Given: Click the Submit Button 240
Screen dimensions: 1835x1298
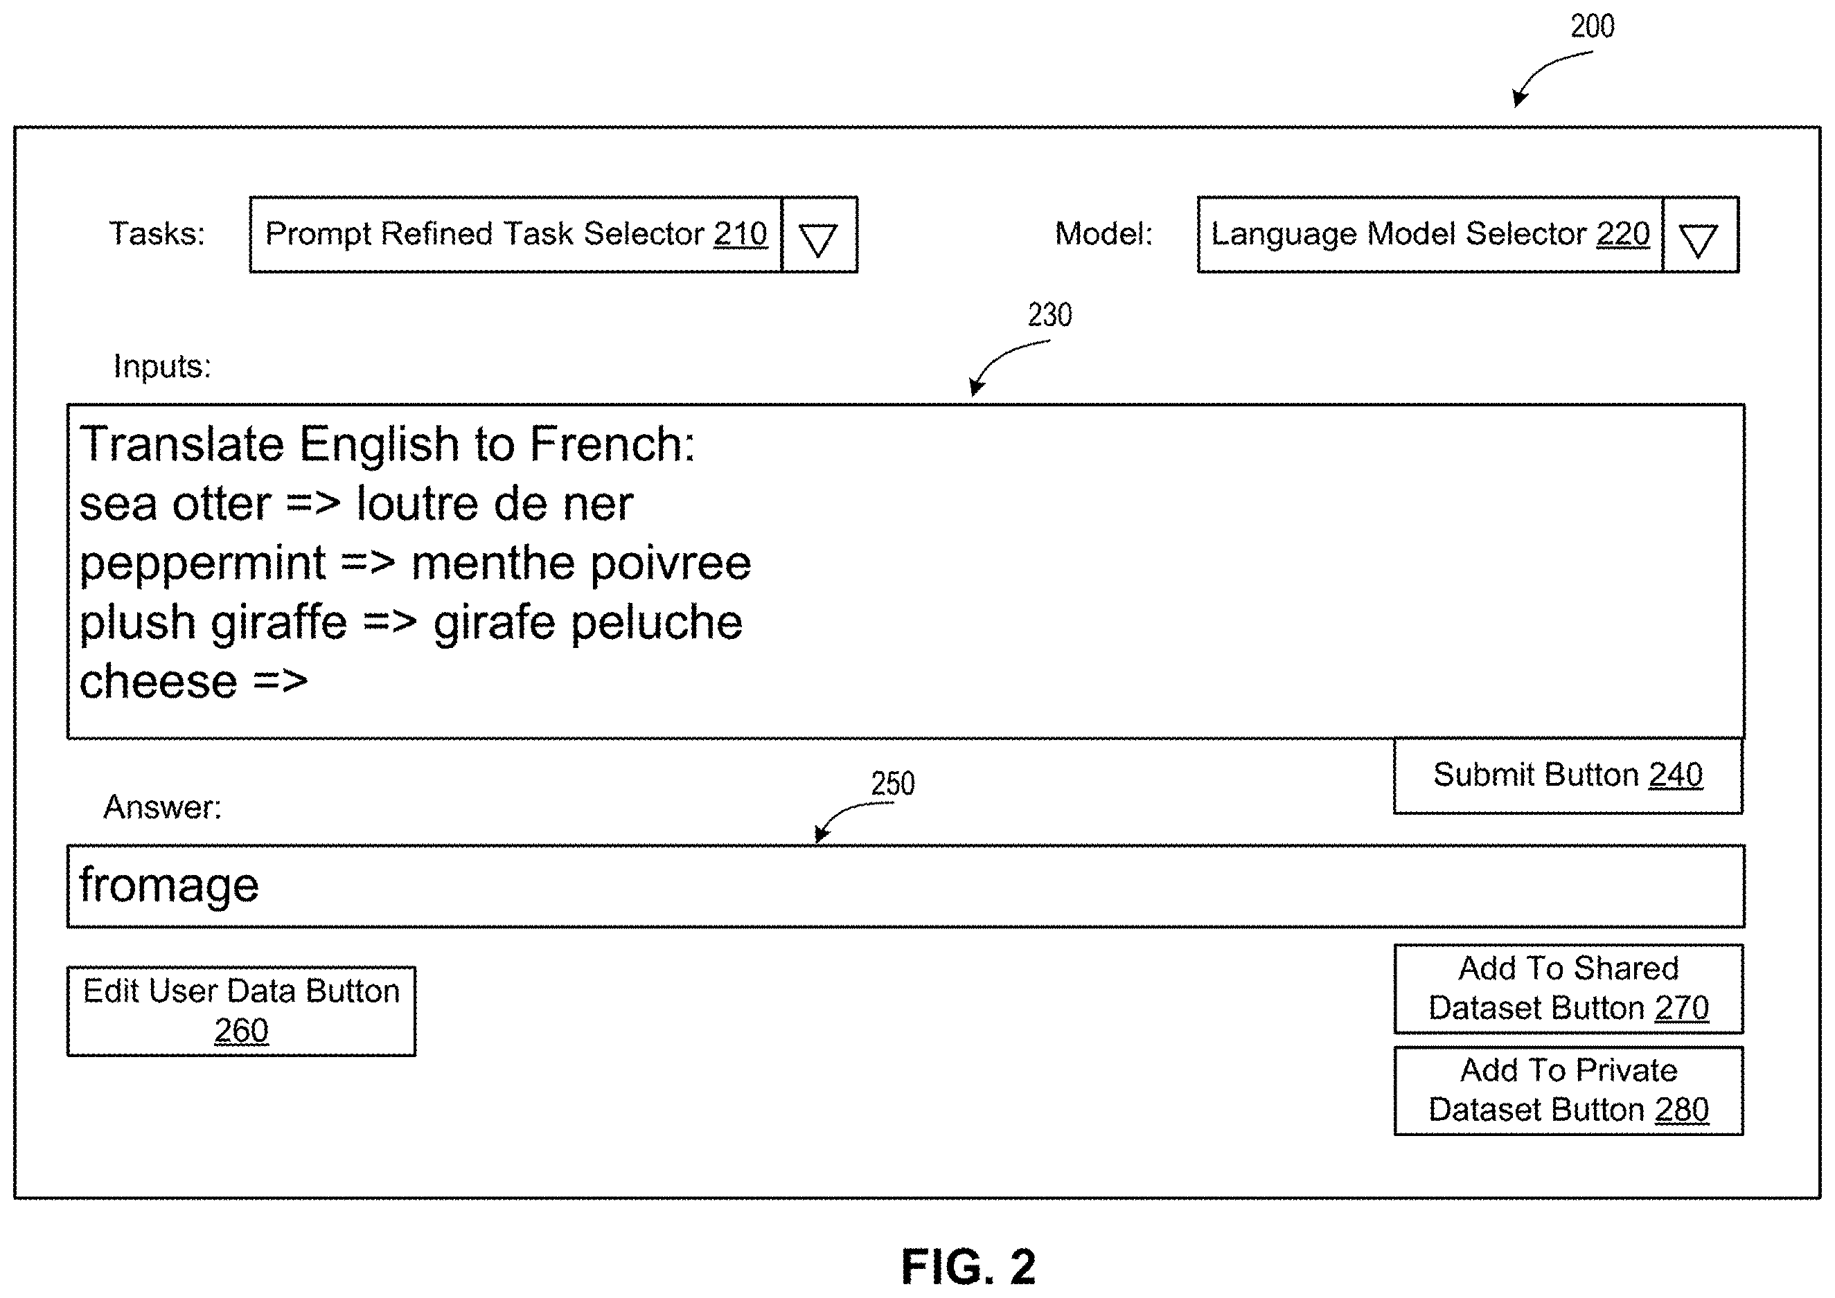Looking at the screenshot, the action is (x=1568, y=775).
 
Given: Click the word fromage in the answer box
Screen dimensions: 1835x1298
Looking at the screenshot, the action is (x=169, y=885).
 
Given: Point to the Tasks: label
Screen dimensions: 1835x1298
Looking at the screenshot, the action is (x=157, y=234).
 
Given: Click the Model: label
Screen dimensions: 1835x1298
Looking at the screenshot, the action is (x=1104, y=234).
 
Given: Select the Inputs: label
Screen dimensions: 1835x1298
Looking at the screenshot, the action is (x=162, y=367).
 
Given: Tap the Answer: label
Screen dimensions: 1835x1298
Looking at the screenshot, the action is (x=162, y=807).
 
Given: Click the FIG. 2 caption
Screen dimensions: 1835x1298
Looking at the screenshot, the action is (x=968, y=1267).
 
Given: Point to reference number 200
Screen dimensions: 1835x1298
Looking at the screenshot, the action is (x=1592, y=26).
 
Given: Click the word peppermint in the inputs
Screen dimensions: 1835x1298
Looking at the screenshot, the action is (x=202, y=565).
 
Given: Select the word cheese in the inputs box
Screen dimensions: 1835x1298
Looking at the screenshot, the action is (x=159, y=682).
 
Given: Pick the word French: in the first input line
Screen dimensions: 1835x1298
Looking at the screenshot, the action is (x=612, y=444).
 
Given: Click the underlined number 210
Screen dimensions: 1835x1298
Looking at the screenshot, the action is (x=741, y=234).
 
